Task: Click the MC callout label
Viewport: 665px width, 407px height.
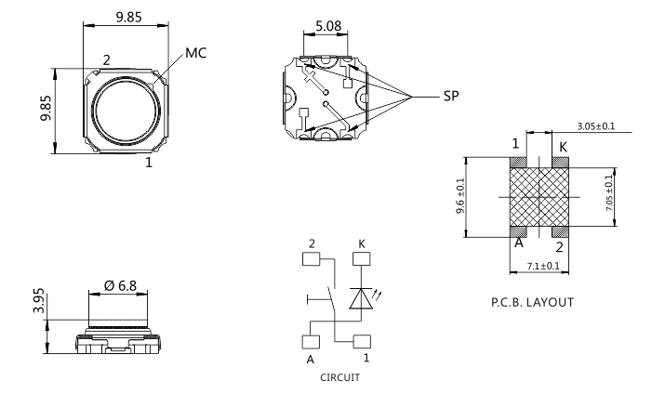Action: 195,53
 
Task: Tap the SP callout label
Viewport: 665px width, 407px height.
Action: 448,96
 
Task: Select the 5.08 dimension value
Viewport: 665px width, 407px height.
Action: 326,27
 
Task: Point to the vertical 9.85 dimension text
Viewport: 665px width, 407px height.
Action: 44,109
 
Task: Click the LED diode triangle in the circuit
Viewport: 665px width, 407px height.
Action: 361,298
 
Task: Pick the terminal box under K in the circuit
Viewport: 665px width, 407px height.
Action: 361,259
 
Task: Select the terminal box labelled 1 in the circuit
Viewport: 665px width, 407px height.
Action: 361,340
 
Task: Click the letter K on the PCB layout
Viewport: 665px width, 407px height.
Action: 563,146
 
